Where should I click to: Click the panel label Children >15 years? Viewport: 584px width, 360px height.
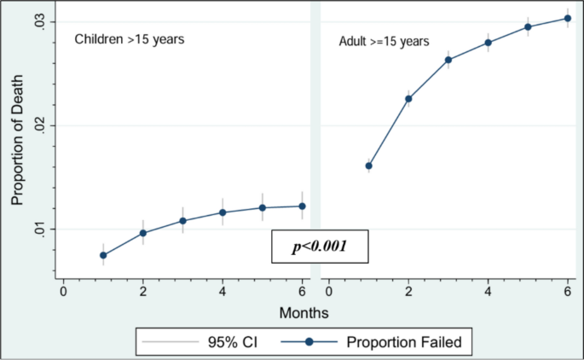point(130,38)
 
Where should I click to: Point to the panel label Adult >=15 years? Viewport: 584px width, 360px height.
point(384,41)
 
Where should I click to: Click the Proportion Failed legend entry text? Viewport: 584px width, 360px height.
point(404,342)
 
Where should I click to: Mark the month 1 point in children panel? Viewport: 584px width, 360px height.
point(103,255)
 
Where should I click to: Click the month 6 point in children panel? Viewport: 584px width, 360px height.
point(303,206)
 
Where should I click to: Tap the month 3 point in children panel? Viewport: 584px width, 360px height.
point(182,221)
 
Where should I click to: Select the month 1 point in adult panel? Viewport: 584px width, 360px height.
point(369,165)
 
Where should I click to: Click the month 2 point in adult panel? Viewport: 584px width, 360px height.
point(408,99)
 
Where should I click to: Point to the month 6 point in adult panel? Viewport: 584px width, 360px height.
point(568,18)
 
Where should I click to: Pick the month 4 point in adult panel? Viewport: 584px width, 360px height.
point(489,43)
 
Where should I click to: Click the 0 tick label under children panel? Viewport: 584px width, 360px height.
point(63,292)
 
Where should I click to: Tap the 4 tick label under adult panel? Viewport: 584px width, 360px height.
point(489,292)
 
